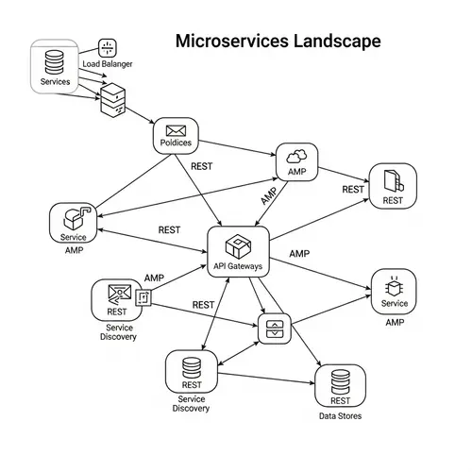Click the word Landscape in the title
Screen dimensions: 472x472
pos(336,42)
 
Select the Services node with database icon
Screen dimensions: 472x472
pos(55,65)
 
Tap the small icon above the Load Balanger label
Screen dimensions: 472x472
pos(107,47)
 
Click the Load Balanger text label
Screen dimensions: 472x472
pos(107,64)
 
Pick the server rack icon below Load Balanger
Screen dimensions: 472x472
pos(112,98)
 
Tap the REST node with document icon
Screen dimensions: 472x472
pos(393,185)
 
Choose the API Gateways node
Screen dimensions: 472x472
pos(238,252)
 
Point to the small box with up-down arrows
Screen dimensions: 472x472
pos(275,329)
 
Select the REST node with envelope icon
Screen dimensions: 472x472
pos(117,299)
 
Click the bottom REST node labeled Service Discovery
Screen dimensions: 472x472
pos(192,373)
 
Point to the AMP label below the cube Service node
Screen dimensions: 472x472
pos(73,251)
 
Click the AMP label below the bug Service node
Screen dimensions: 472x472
pos(394,322)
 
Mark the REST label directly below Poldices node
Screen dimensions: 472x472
pos(202,166)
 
